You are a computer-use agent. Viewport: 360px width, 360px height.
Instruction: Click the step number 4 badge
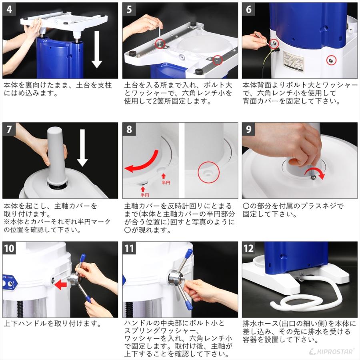coord(9,9)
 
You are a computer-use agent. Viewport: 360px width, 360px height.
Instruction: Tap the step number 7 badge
coord(9,129)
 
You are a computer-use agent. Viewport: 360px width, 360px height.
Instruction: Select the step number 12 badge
coord(249,248)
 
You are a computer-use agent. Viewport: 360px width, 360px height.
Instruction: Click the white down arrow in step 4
coord(97,49)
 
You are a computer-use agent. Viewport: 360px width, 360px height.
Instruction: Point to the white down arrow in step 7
coord(82,148)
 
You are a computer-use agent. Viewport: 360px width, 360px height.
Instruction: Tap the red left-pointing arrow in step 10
coord(61,285)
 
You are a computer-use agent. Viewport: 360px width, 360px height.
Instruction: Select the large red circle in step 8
coord(208,172)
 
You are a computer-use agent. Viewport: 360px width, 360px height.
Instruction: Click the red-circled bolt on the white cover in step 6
coord(331,60)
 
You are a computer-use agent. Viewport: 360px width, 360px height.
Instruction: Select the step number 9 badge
coord(249,129)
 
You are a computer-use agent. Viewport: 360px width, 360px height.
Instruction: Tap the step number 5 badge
coord(129,9)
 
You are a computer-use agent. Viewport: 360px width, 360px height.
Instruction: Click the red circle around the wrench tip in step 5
coord(160,43)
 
